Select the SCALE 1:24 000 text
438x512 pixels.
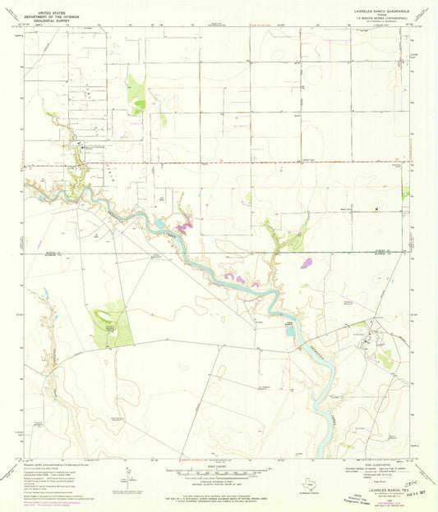coord(218,467)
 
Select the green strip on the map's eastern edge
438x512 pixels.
coord(405,193)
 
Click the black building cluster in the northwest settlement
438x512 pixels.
coord(82,146)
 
